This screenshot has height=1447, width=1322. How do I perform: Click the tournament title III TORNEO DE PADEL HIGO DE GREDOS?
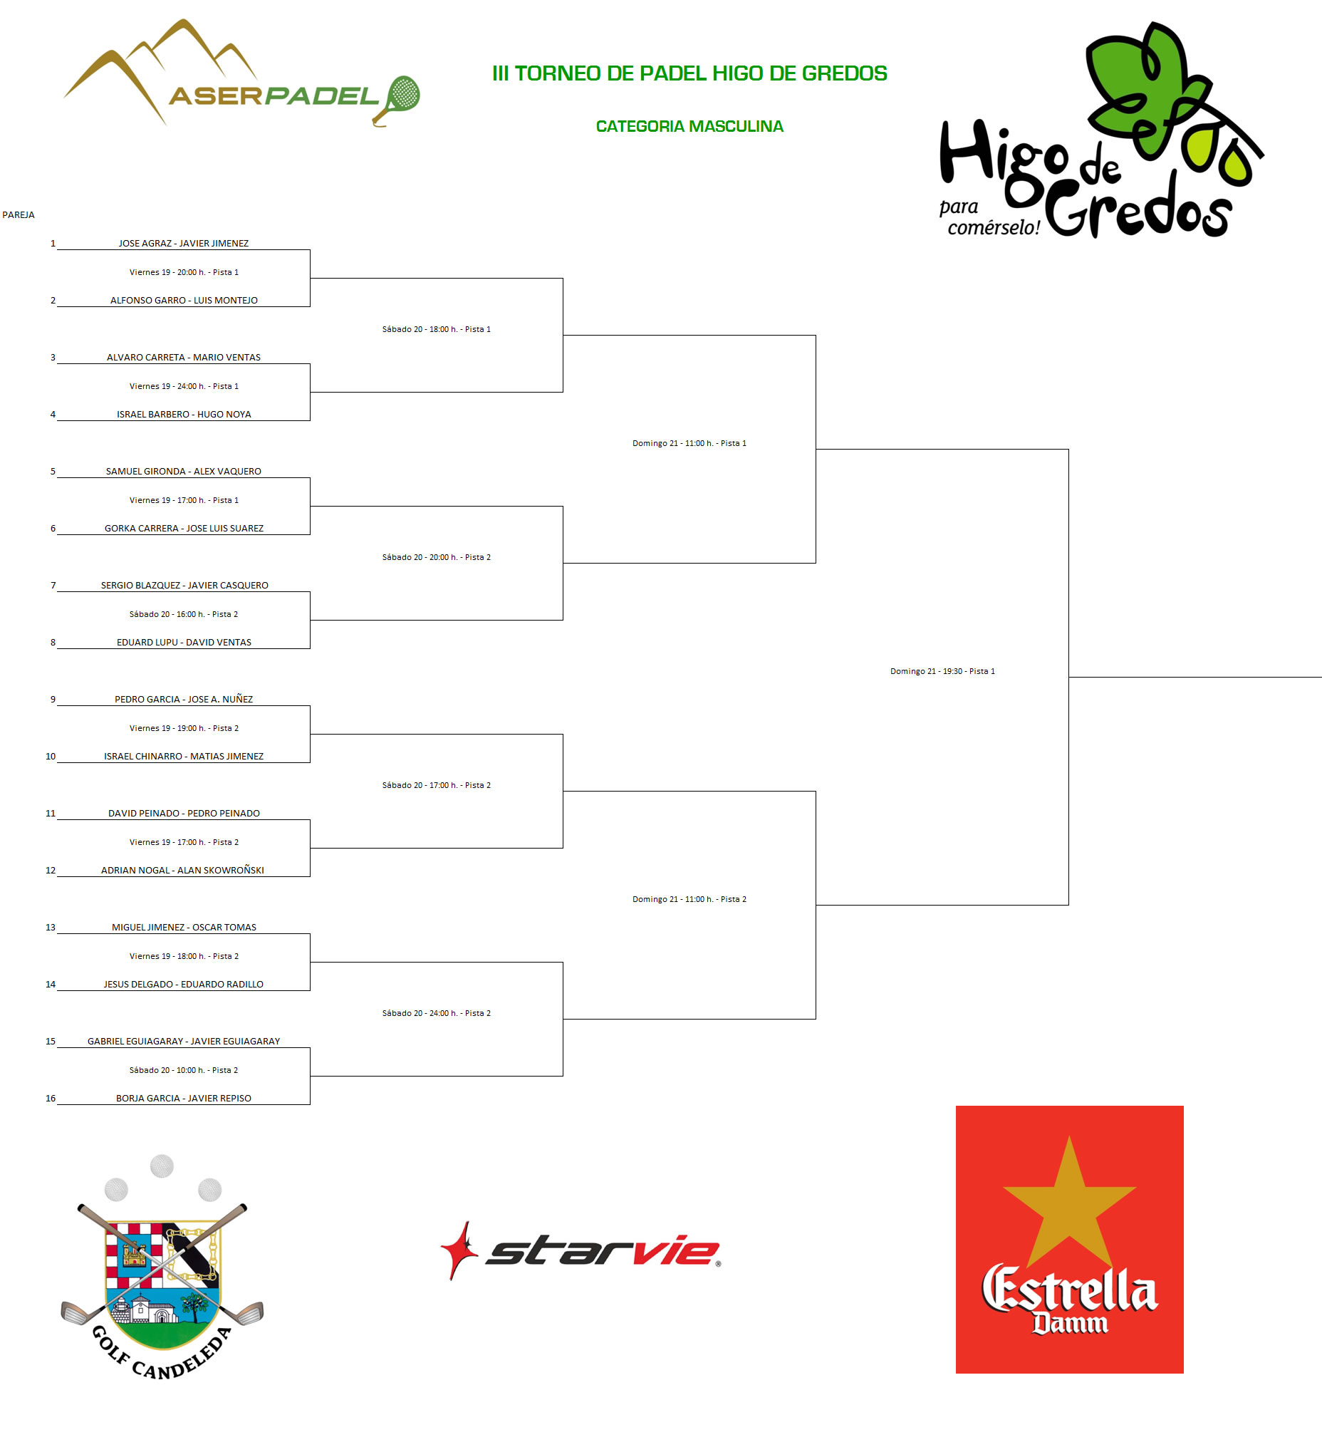pos(689,73)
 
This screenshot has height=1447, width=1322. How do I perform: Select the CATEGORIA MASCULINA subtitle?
pos(689,126)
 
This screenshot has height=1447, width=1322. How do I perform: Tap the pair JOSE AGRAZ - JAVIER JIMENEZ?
pos(184,244)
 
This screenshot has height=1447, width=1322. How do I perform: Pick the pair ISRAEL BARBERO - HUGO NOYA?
pos(184,414)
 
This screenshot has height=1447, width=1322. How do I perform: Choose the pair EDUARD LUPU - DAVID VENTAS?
pos(184,643)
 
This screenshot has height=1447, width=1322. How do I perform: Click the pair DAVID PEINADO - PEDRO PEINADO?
pos(184,813)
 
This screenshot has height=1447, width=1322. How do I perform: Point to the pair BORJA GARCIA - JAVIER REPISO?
pos(184,1098)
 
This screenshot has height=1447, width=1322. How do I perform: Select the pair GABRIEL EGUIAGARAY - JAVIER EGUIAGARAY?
pos(184,1042)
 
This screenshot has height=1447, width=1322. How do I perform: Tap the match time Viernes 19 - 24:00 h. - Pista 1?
pos(184,386)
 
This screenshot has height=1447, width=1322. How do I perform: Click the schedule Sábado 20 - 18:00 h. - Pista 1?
pos(437,329)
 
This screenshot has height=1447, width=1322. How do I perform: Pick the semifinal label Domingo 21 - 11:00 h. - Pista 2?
pos(689,899)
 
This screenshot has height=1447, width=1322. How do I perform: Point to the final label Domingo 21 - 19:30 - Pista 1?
pos(942,671)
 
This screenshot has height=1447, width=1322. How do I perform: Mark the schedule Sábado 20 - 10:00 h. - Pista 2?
pos(184,1070)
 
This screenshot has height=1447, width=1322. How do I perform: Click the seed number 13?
pos(51,928)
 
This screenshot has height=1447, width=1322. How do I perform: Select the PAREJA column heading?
pos(19,214)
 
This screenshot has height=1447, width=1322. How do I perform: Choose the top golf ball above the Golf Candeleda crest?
pos(162,1166)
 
